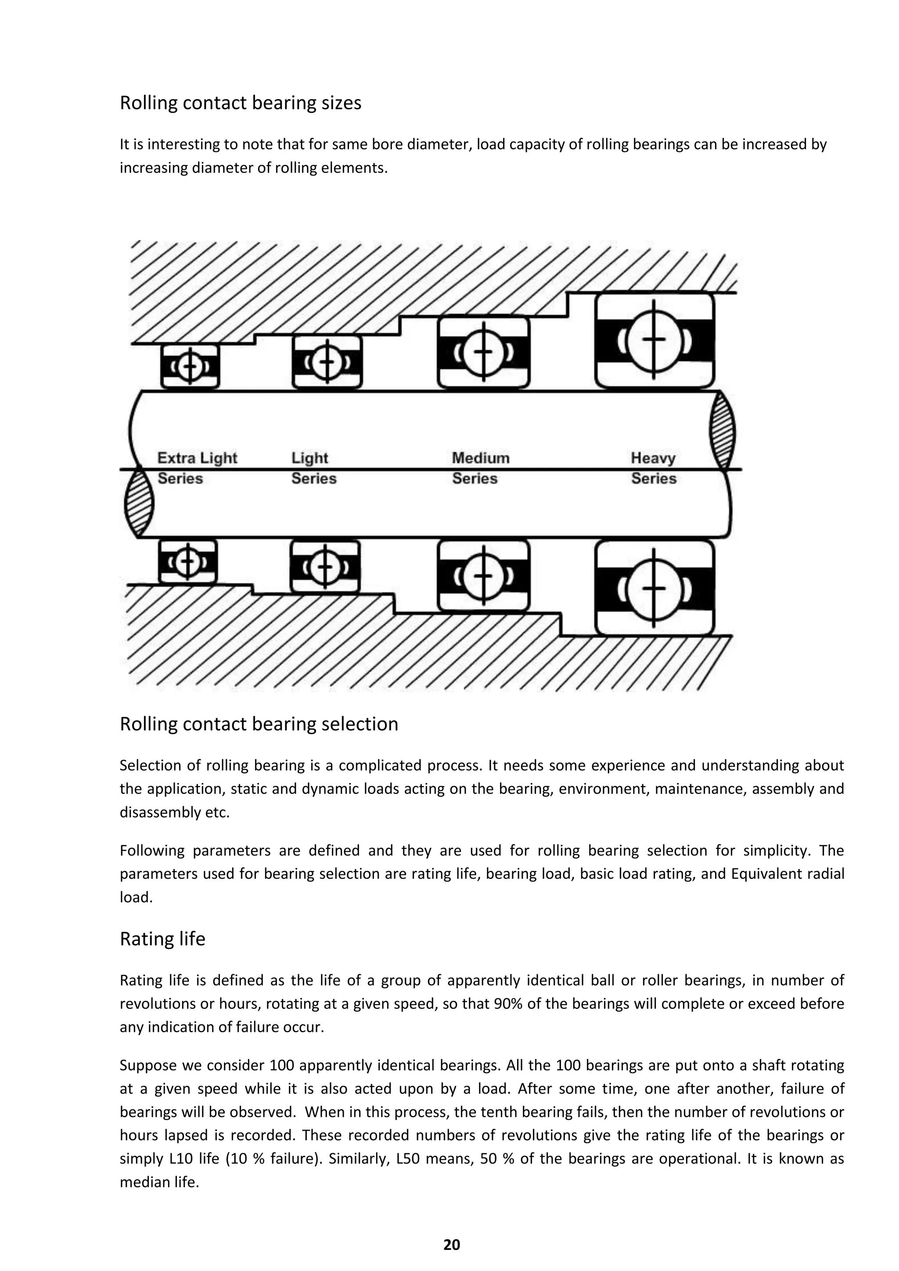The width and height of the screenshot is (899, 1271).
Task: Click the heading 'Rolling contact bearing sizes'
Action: point(240,103)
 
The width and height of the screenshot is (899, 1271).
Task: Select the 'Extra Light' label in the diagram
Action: point(197,458)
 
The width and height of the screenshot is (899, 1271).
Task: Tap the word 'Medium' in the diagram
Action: point(481,458)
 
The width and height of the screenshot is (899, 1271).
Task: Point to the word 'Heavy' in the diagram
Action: point(653,458)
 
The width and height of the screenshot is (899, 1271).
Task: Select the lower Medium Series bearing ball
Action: point(483,576)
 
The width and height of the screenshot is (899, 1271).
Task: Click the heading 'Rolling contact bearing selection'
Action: point(259,724)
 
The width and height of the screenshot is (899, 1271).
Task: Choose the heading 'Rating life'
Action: point(162,939)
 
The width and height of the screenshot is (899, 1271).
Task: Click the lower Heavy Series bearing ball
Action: point(654,588)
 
